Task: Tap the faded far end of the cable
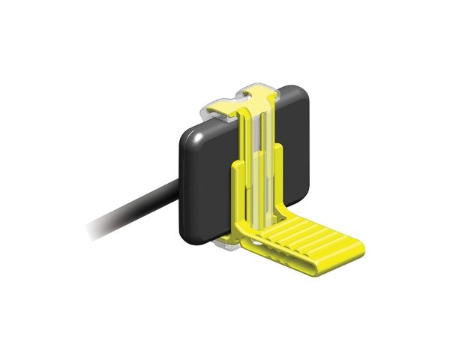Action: click(x=94, y=228)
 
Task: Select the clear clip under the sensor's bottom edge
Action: click(x=225, y=244)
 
